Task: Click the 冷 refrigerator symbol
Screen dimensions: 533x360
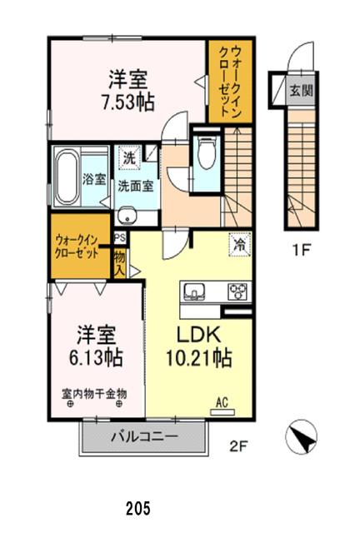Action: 237,246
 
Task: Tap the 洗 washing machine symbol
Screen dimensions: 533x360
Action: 129,157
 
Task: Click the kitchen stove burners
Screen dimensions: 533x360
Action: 237,291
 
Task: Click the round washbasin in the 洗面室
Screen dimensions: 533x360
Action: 127,214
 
